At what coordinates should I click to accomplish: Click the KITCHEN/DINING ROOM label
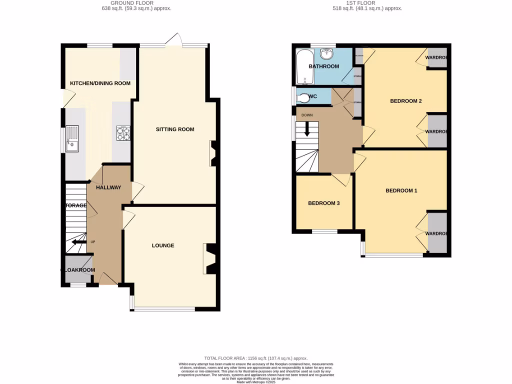pos(100,83)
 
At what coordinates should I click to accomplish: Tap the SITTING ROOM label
pos(175,129)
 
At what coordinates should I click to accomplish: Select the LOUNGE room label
pos(163,245)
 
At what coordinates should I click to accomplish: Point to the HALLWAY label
pos(108,187)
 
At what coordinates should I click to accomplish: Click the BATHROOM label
pos(323,66)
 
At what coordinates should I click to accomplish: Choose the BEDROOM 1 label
pos(401,190)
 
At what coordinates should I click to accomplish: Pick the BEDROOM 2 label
pos(406,101)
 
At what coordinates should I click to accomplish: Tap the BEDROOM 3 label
pos(323,203)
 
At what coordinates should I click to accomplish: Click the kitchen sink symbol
pos(72,138)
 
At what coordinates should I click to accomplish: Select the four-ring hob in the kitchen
pos(123,132)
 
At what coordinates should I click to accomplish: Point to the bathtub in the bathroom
pos(302,67)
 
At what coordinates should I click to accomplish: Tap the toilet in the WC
pos(302,96)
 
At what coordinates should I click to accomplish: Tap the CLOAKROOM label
pos(78,270)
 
